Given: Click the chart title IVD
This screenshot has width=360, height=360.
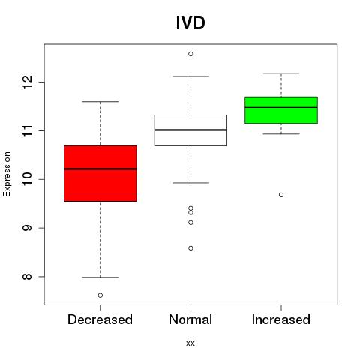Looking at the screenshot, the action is pyautogui.click(x=190, y=23).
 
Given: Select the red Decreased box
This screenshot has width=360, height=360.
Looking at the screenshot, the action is pyautogui.click(x=100, y=173).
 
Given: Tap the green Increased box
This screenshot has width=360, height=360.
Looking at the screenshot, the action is pyautogui.click(x=281, y=110).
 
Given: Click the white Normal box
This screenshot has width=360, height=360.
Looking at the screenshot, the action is pyautogui.click(x=190, y=130).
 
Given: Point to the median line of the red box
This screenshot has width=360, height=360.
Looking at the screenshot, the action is pyautogui.click(x=100, y=169).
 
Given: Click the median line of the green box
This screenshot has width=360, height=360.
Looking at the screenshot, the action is pyautogui.click(x=281, y=107).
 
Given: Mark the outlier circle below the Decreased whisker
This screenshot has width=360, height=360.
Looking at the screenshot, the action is pyautogui.click(x=100, y=295).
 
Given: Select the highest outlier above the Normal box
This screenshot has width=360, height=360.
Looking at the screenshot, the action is pyautogui.click(x=190, y=54).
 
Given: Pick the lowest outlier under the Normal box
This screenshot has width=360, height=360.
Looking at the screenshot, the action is pyautogui.click(x=190, y=248).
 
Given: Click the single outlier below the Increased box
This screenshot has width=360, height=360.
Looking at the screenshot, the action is pyautogui.click(x=281, y=195).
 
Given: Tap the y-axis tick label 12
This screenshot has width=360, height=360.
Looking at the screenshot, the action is pyautogui.click(x=27, y=82).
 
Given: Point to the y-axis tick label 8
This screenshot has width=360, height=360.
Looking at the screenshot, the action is pyautogui.click(x=27, y=277).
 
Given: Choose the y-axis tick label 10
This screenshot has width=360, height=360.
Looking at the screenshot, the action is pyautogui.click(x=27, y=179).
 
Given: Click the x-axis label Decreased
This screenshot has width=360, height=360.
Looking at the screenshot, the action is pyautogui.click(x=100, y=319).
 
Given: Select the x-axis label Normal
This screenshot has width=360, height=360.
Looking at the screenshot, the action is pyautogui.click(x=190, y=319).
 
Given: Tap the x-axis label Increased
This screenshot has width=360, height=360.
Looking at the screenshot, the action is pyautogui.click(x=281, y=319).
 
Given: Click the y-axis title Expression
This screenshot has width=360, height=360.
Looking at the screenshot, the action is pyautogui.click(x=7, y=174).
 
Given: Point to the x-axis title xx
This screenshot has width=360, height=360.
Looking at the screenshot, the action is pyautogui.click(x=190, y=343).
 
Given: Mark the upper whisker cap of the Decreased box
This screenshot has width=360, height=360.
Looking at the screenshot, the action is pyautogui.click(x=100, y=102).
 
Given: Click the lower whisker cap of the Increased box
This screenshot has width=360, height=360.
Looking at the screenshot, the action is pyautogui.click(x=281, y=134).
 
